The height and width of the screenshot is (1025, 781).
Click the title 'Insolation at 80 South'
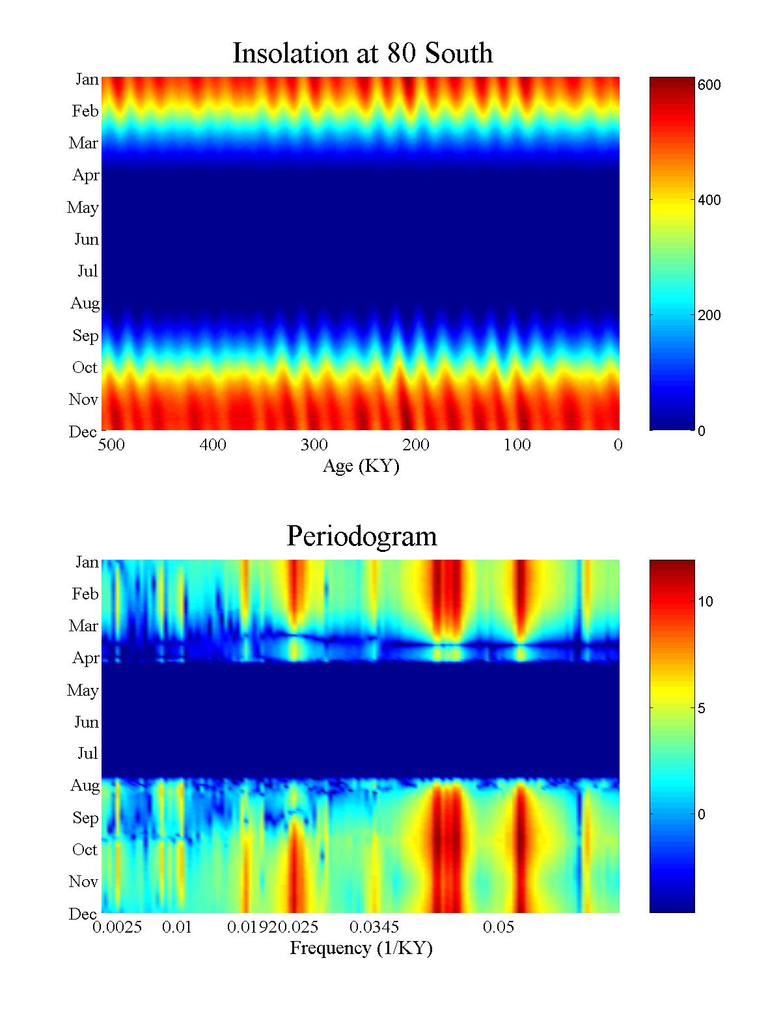(x=363, y=53)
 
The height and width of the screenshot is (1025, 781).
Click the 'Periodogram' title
(x=362, y=536)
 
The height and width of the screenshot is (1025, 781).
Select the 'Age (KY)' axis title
(x=361, y=466)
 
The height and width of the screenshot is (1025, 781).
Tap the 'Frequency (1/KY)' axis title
(x=361, y=948)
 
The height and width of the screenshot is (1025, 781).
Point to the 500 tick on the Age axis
(x=111, y=445)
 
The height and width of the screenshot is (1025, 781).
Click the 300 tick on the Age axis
(x=314, y=445)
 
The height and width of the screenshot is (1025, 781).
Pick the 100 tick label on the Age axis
(x=517, y=445)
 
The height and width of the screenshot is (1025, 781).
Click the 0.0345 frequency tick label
(x=374, y=927)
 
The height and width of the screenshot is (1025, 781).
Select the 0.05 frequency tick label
(x=499, y=927)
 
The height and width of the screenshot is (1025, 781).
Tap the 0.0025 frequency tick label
(x=117, y=927)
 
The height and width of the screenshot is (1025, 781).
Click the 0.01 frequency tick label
(x=177, y=927)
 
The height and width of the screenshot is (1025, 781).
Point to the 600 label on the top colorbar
(x=709, y=85)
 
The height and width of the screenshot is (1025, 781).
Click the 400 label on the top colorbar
(x=709, y=200)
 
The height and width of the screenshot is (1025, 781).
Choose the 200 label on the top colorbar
(x=709, y=316)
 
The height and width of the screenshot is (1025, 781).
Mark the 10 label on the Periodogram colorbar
(x=706, y=602)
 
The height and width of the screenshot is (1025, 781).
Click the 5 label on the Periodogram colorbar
(x=702, y=709)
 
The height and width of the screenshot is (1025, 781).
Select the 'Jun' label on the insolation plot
(x=86, y=239)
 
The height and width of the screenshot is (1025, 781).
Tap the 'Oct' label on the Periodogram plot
(x=85, y=850)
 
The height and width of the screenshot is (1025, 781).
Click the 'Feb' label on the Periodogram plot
(x=85, y=594)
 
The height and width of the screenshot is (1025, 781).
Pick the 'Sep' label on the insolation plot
(x=85, y=336)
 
